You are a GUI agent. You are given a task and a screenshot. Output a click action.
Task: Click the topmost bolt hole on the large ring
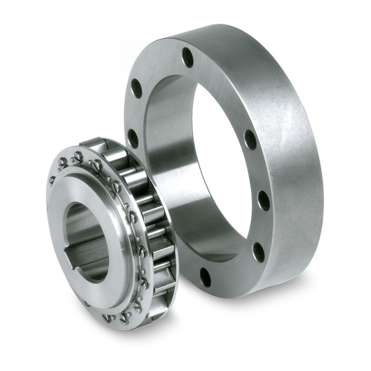pyautogui.click(x=187, y=58)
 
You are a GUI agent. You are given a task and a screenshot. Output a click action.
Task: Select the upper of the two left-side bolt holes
pyautogui.click(x=136, y=89)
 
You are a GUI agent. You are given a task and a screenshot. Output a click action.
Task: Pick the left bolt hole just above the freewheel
pyautogui.click(x=133, y=138)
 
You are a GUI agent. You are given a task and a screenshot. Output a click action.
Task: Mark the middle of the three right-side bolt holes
pyautogui.click(x=263, y=200)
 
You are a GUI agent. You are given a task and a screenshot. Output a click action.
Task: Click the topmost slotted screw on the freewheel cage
pyautogui.click(x=78, y=157)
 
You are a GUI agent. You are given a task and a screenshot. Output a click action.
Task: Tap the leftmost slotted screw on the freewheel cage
pyautogui.click(x=52, y=180)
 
